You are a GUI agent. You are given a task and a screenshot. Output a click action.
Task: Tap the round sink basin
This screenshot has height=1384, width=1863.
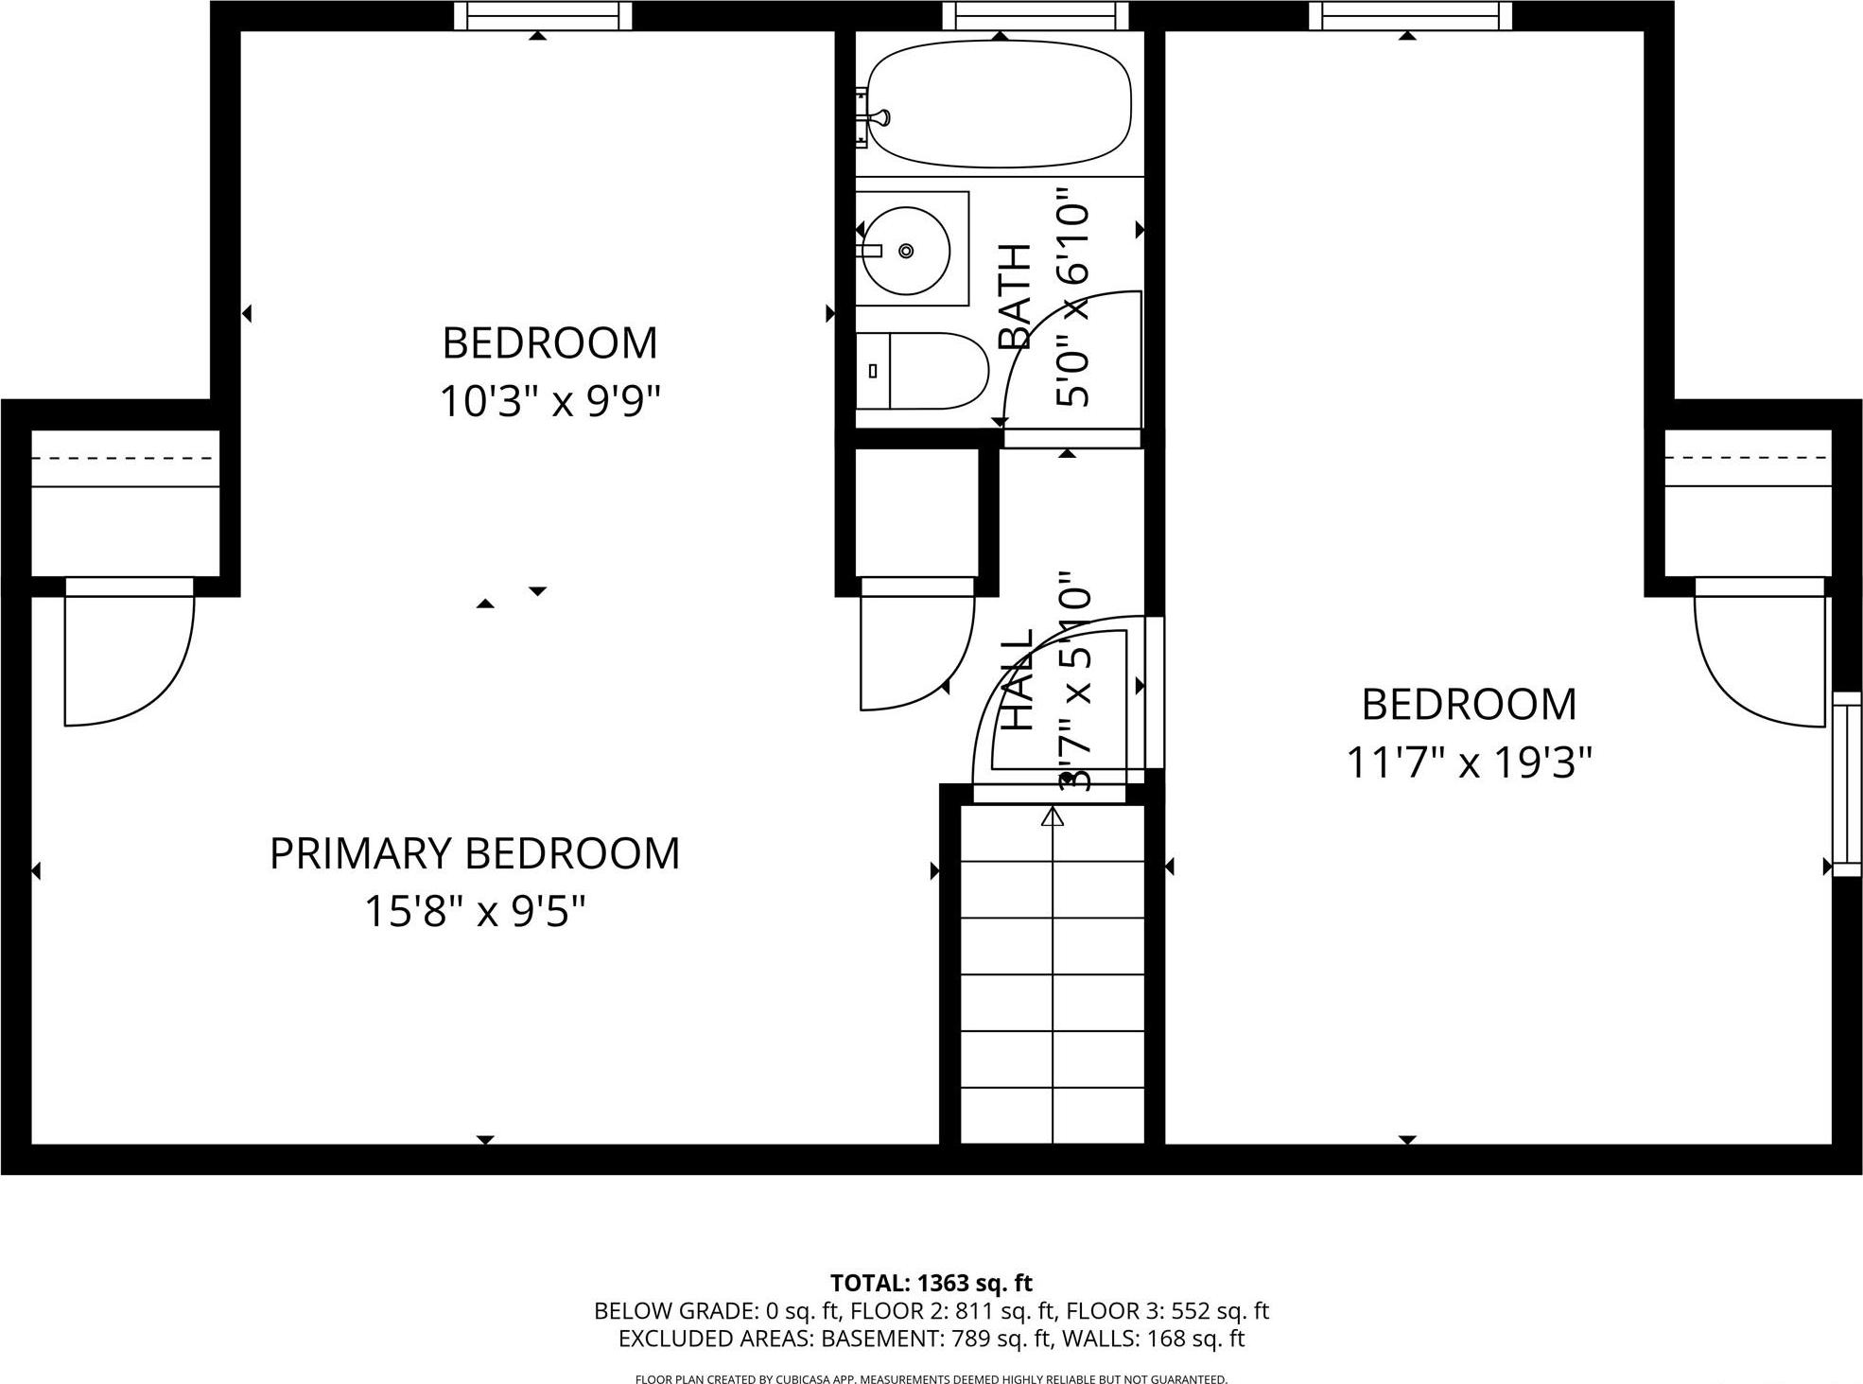point(907,250)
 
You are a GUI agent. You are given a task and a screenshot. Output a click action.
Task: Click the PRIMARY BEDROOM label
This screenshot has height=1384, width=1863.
point(475,853)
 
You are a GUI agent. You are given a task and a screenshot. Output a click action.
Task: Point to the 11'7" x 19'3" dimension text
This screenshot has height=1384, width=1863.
point(1469,762)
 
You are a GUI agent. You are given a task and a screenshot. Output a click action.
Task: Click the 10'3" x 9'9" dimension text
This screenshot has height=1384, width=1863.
point(549,402)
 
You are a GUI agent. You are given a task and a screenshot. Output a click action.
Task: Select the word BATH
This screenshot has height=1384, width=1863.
point(1015,296)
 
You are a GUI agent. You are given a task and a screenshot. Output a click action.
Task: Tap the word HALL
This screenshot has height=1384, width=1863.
point(1018,680)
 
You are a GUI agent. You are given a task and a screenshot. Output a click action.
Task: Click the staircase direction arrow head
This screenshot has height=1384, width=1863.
point(1053,815)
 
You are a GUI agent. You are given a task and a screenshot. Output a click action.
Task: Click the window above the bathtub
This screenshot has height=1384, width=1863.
point(1035,16)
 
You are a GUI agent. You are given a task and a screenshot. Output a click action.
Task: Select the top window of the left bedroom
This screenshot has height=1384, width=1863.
point(542,16)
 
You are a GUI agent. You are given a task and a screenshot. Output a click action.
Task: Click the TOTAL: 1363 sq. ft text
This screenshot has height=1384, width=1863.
point(931,1283)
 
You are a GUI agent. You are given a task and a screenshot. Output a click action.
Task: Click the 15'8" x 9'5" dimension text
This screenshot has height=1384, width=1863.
point(475,913)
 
